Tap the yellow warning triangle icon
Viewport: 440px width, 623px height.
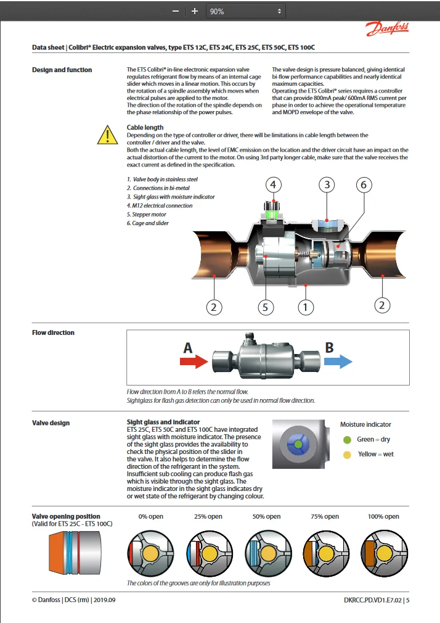pos(108,134)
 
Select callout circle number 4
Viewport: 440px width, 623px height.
pos(274,184)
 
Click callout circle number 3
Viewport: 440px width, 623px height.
pos(327,184)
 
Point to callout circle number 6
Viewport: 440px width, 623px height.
pos(364,184)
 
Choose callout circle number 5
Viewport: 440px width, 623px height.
pos(266,307)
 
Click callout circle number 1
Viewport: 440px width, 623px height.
pos(306,307)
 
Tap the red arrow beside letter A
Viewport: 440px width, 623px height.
pos(194,361)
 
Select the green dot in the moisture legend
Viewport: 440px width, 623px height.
pos(347,440)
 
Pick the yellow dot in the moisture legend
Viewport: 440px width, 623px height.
pos(347,455)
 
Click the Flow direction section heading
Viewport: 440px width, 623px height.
pos(53,332)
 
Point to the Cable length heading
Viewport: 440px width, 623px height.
pos(145,128)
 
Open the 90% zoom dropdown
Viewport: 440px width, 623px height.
pos(245,11)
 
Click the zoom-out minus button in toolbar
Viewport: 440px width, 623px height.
pos(176,11)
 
